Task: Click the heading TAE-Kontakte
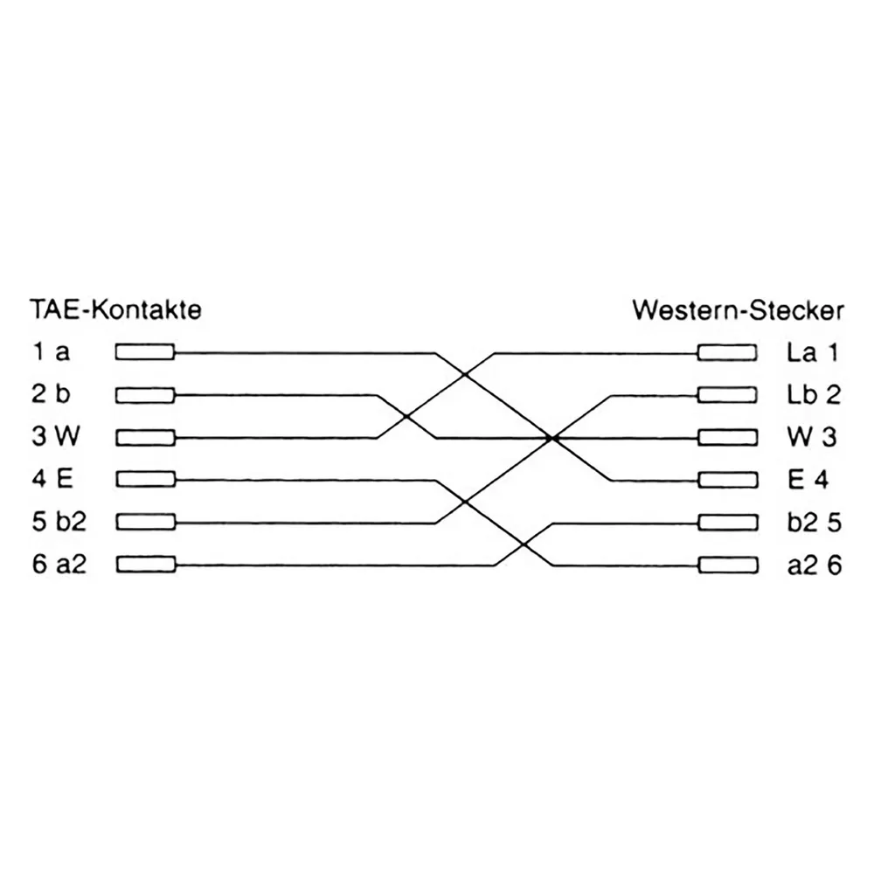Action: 115,309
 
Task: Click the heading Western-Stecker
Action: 738,310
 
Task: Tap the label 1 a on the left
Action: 51,351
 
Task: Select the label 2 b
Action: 51,394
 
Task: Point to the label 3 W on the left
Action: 55,436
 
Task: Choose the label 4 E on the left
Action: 52,479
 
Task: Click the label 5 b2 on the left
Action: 59,522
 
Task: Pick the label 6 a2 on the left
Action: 59,564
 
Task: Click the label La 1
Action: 813,352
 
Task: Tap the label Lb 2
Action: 814,395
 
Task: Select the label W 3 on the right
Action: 812,437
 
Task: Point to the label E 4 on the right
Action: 808,479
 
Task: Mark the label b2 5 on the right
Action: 815,523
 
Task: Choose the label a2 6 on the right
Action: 815,565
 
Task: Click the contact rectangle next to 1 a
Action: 145,352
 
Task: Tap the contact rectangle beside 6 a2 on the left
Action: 145,565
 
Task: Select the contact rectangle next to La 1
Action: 727,353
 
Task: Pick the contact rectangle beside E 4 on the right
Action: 728,480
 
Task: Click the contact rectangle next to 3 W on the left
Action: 145,438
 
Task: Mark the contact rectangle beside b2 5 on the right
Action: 728,523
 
